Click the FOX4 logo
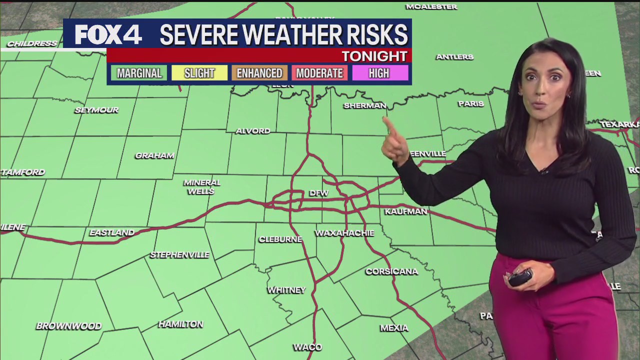point(108,34)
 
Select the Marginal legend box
point(139,73)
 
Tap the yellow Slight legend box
point(199,73)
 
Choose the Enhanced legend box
point(259,73)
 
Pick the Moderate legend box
point(319,73)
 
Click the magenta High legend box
point(379,73)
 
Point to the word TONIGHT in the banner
point(374,56)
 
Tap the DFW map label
point(318,193)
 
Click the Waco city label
point(307,347)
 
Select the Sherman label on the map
point(364,105)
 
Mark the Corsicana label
point(391,271)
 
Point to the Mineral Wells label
point(202,186)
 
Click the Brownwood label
point(68,326)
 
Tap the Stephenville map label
point(179,255)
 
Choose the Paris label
point(470,103)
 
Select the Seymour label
point(96,110)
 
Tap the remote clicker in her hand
point(520,277)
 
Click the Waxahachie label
point(344,233)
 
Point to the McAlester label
point(431,6)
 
